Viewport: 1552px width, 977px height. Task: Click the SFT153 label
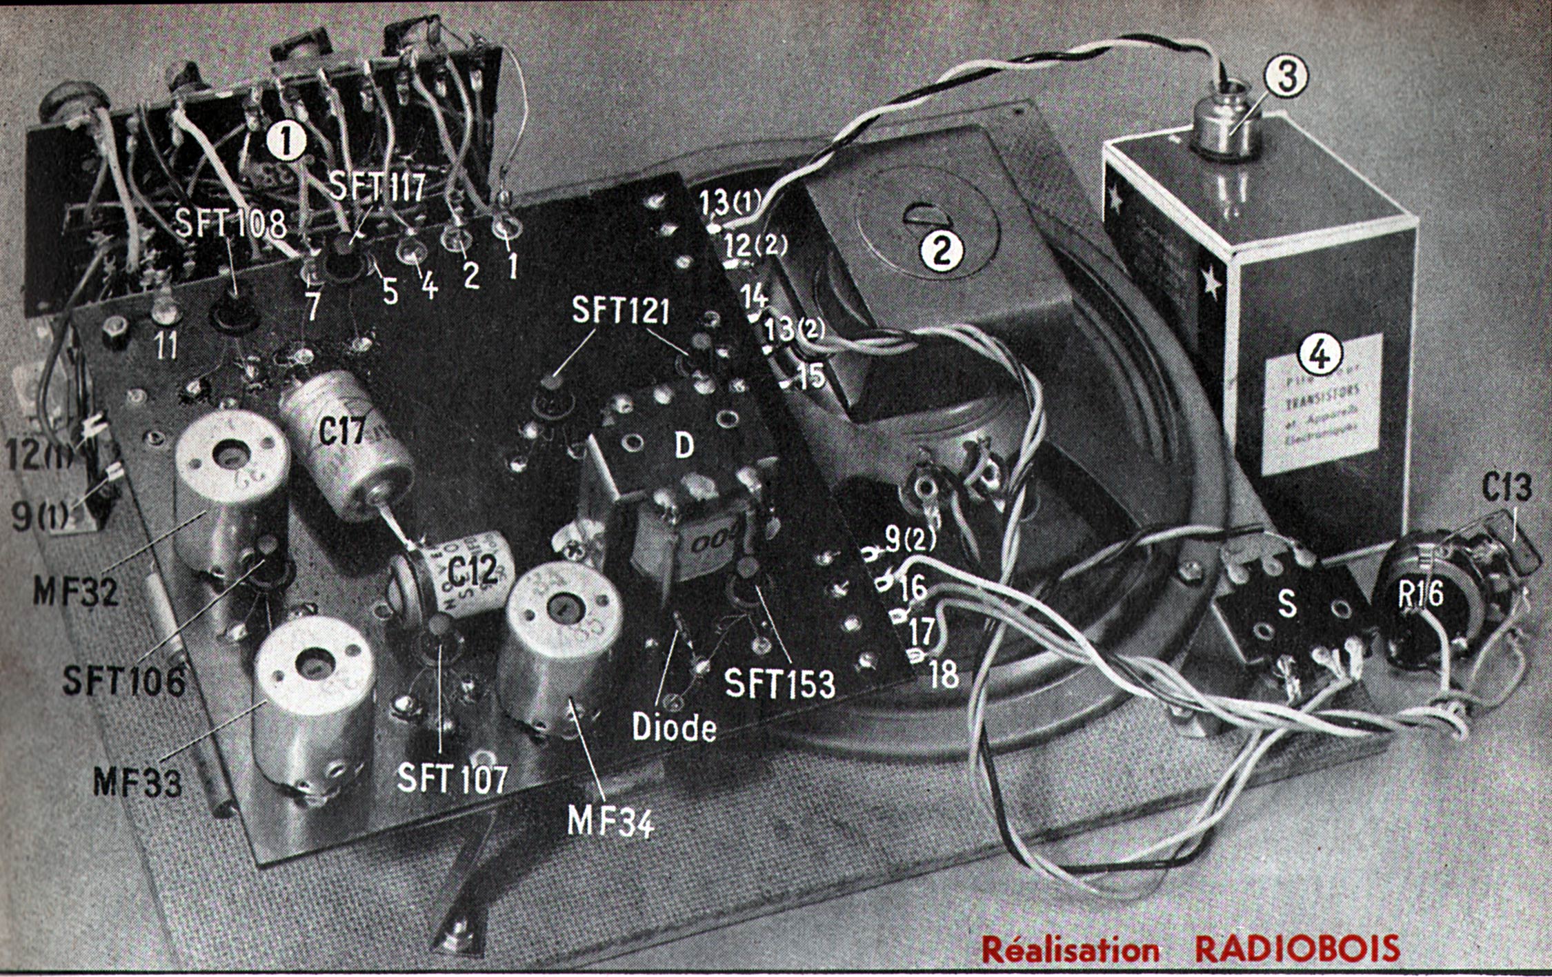point(779,683)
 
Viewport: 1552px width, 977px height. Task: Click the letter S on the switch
point(1286,605)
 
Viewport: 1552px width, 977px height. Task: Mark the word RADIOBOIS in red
point(1297,949)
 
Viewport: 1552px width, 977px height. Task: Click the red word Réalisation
point(1071,949)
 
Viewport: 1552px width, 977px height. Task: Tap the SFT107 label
point(452,778)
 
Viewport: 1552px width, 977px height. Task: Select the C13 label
point(1506,488)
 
